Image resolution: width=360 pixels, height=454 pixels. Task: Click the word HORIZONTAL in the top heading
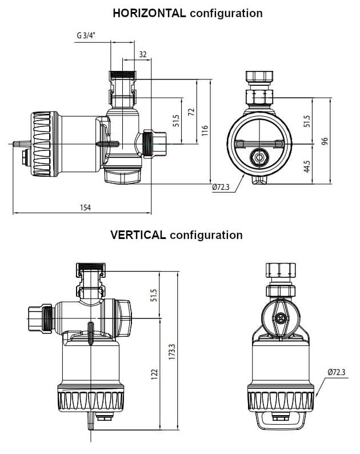[149, 13]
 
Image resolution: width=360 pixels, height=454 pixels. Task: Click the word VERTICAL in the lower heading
[138, 235]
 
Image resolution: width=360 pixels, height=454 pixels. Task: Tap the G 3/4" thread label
[86, 35]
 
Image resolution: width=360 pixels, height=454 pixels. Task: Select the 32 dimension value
[143, 54]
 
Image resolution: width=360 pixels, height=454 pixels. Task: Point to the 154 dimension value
[85, 208]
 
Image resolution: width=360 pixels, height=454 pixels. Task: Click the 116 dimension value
[205, 130]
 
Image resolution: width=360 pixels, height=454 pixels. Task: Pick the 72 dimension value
[191, 112]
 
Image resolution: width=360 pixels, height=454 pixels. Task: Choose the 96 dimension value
[325, 141]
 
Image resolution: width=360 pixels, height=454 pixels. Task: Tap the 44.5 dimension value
[307, 166]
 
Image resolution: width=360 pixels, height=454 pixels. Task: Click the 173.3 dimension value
[172, 352]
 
